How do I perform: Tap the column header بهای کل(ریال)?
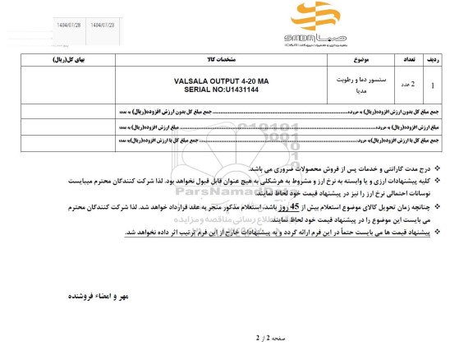tap(65, 61)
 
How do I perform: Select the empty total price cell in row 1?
tap(65, 85)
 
